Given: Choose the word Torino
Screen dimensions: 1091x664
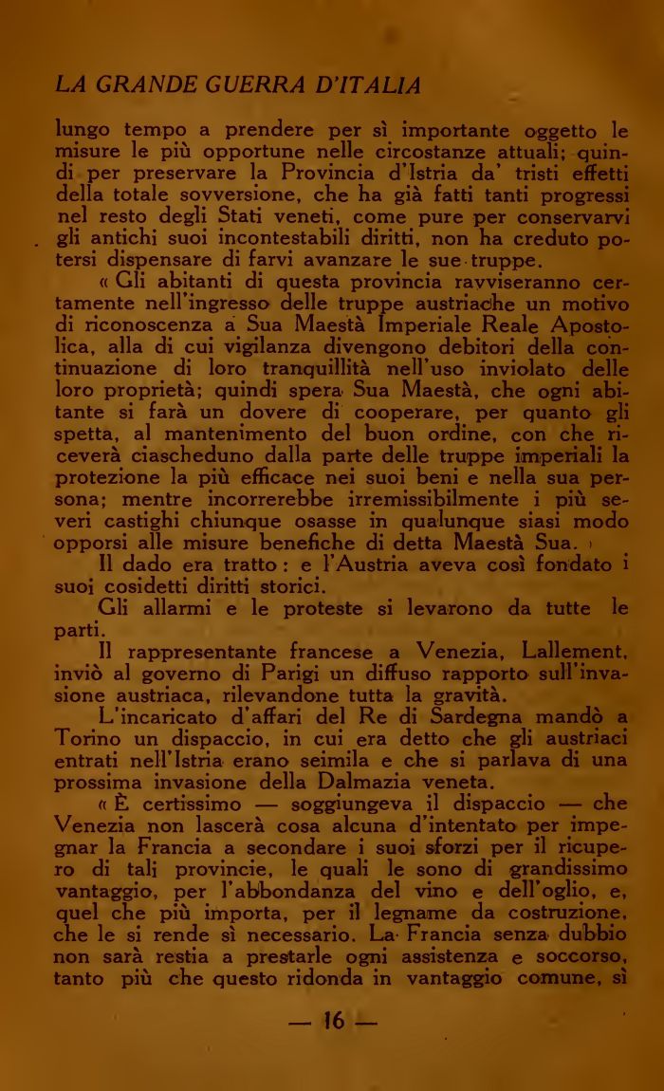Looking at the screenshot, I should (x=90, y=737).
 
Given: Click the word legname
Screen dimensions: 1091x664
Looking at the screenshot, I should (x=449, y=913).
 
